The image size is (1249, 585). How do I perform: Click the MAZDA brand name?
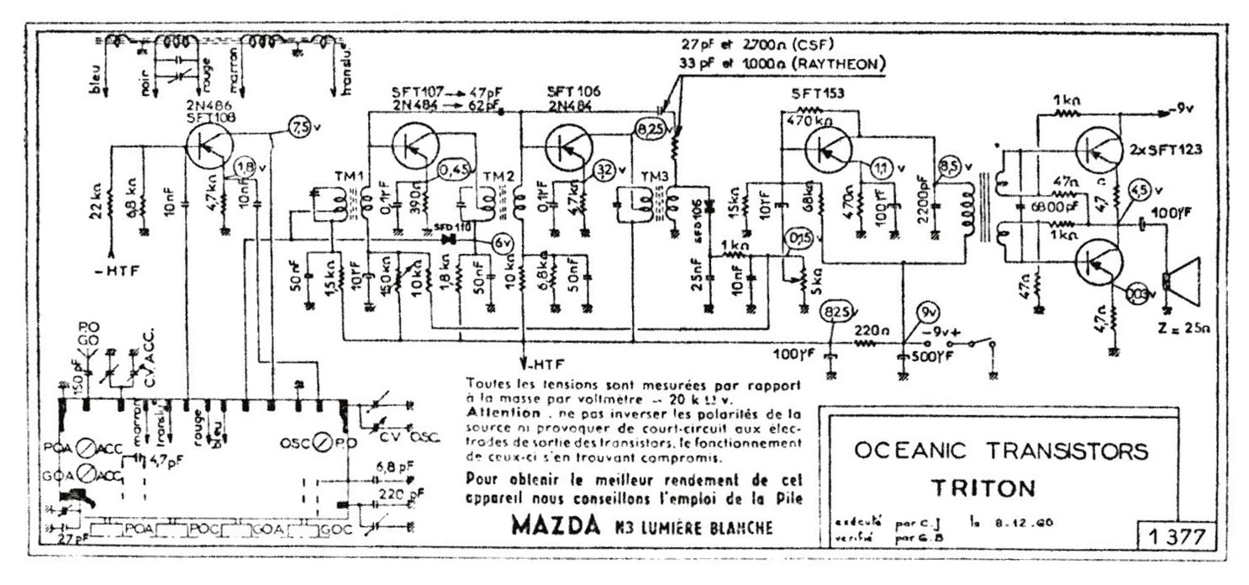tap(556, 527)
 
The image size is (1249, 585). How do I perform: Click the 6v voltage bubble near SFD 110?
tap(503, 244)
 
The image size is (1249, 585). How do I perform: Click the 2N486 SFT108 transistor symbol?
tap(206, 145)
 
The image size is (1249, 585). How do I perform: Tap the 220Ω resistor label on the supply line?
tap(867, 331)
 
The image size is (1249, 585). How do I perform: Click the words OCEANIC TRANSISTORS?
tap(999, 451)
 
